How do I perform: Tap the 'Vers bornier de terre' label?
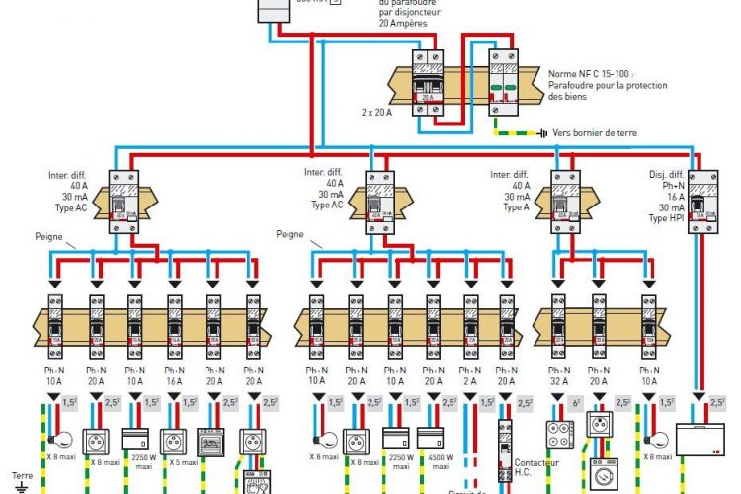tap(598, 132)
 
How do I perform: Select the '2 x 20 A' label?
tap(376, 113)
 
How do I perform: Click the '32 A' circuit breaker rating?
tap(559, 378)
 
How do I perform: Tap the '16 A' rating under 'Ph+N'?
tap(175, 378)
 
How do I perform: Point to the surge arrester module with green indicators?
tap(506, 85)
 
